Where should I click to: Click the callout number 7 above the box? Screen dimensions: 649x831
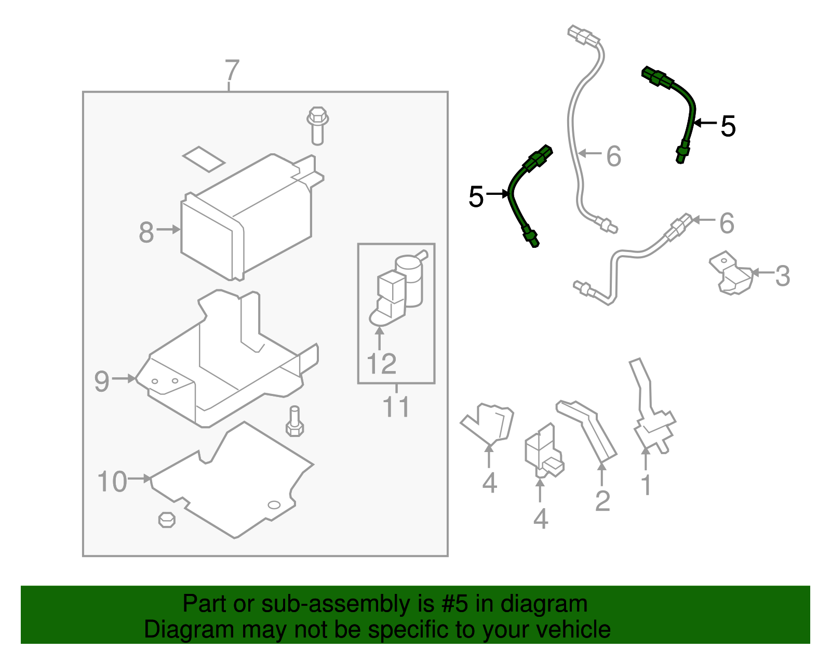(232, 71)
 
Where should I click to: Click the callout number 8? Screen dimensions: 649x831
(146, 232)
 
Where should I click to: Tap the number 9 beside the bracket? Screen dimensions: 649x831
(101, 381)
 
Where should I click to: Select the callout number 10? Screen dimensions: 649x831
(112, 482)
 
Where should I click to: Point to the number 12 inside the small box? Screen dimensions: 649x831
(381, 364)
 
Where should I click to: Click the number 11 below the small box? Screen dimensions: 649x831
(396, 407)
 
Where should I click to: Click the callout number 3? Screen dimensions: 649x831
(782, 276)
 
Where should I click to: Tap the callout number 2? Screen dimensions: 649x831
(602, 501)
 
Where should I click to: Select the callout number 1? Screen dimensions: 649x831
(646, 485)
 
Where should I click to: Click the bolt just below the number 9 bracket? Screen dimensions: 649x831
(294, 421)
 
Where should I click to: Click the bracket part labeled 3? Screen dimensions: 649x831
(731, 274)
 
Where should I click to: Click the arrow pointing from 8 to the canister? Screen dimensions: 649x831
(168, 229)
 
